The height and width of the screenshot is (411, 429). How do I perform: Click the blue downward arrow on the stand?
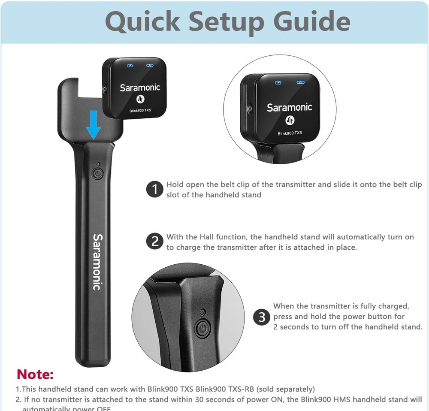click(94, 126)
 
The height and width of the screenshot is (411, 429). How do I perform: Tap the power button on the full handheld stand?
click(98, 174)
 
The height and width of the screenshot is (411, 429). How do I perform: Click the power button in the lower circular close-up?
click(202, 329)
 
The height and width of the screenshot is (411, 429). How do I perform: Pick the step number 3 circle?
click(262, 317)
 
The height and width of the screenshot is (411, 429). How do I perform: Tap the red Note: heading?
click(35, 374)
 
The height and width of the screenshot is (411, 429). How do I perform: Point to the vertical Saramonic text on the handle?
click(97, 262)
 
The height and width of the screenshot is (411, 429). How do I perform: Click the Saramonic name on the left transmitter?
click(134, 88)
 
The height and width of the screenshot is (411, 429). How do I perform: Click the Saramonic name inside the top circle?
click(290, 107)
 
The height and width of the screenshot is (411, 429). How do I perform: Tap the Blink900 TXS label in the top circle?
click(290, 133)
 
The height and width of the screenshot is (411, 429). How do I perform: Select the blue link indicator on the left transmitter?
click(150, 66)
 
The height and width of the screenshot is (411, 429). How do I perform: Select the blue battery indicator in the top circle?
click(278, 83)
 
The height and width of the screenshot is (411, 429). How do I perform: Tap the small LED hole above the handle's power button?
click(98, 164)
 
